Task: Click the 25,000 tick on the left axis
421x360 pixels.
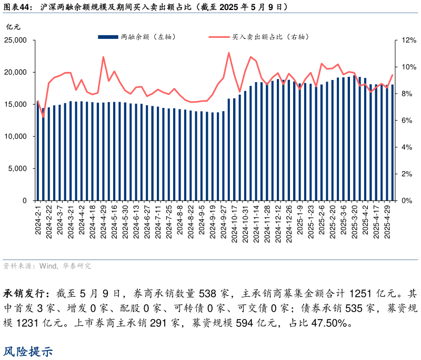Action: click(17, 40)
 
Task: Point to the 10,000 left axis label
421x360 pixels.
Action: click(17, 136)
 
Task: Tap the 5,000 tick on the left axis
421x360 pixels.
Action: click(19, 168)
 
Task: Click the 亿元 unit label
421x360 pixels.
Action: click(12, 26)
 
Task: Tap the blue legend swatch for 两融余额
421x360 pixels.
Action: click(107, 37)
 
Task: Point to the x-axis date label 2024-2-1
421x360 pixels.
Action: click(37, 221)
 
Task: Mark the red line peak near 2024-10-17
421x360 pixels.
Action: click(229, 53)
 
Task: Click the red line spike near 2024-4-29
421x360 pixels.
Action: click(103, 57)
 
